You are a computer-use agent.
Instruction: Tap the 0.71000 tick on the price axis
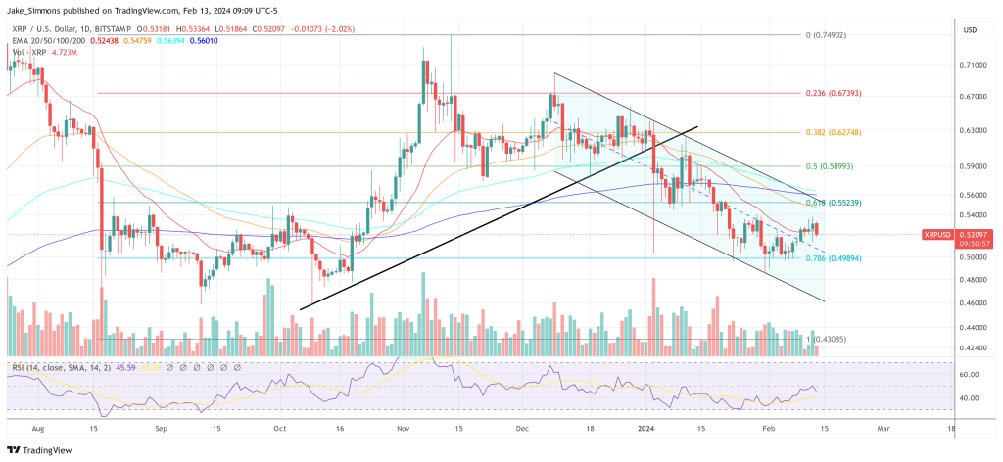pyautogui.click(x=974, y=66)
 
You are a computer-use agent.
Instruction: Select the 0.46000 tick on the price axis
pyautogui.click(x=974, y=303)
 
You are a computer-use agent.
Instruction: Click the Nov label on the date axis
pyautogui.click(x=402, y=429)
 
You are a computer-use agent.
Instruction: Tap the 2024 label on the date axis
pyautogui.click(x=646, y=429)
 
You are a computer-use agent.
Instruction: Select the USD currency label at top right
pyautogui.click(x=972, y=30)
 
